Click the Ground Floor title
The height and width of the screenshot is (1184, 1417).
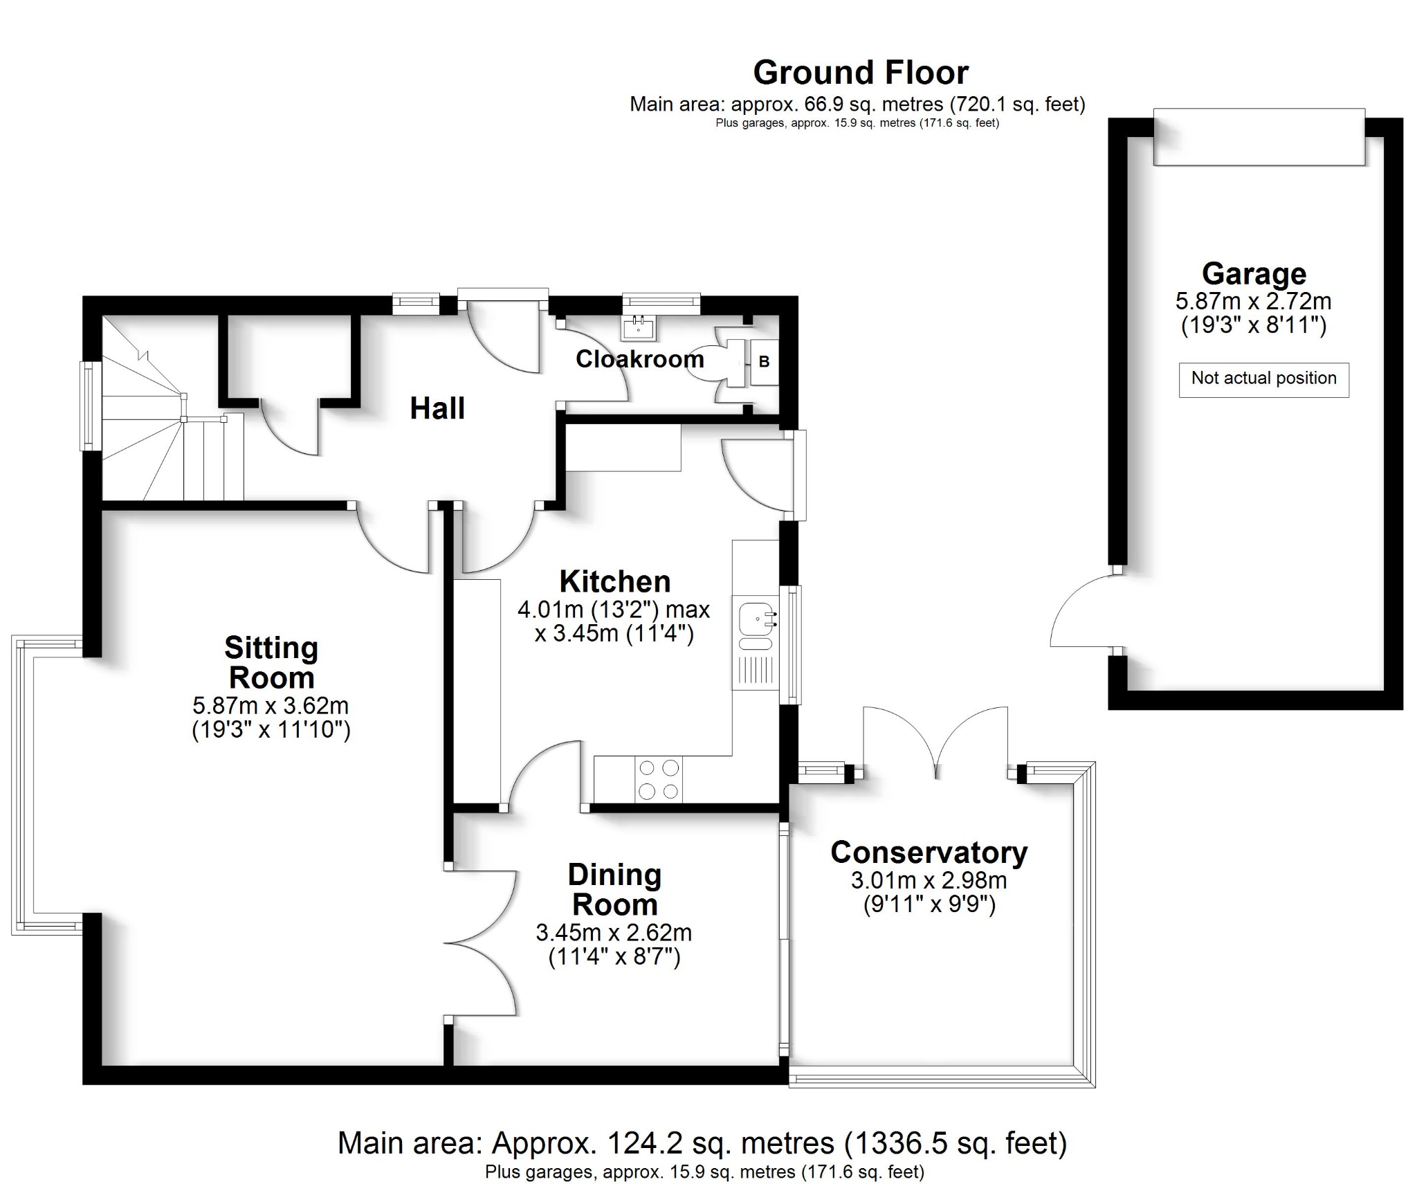click(860, 73)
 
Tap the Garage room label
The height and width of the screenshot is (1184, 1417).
click(1253, 274)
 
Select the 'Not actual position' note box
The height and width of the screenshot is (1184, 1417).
click(1263, 379)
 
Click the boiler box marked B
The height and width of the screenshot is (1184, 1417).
click(764, 361)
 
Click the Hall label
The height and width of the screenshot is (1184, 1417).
click(437, 408)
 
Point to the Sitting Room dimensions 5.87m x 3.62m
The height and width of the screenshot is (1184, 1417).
click(271, 707)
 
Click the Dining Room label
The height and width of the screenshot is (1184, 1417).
click(614, 890)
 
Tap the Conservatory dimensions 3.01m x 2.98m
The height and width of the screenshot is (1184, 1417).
click(929, 881)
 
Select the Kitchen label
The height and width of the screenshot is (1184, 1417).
click(614, 582)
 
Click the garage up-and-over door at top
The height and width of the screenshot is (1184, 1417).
click(1258, 138)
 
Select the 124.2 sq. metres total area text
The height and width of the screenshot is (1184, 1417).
click(702, 1143)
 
